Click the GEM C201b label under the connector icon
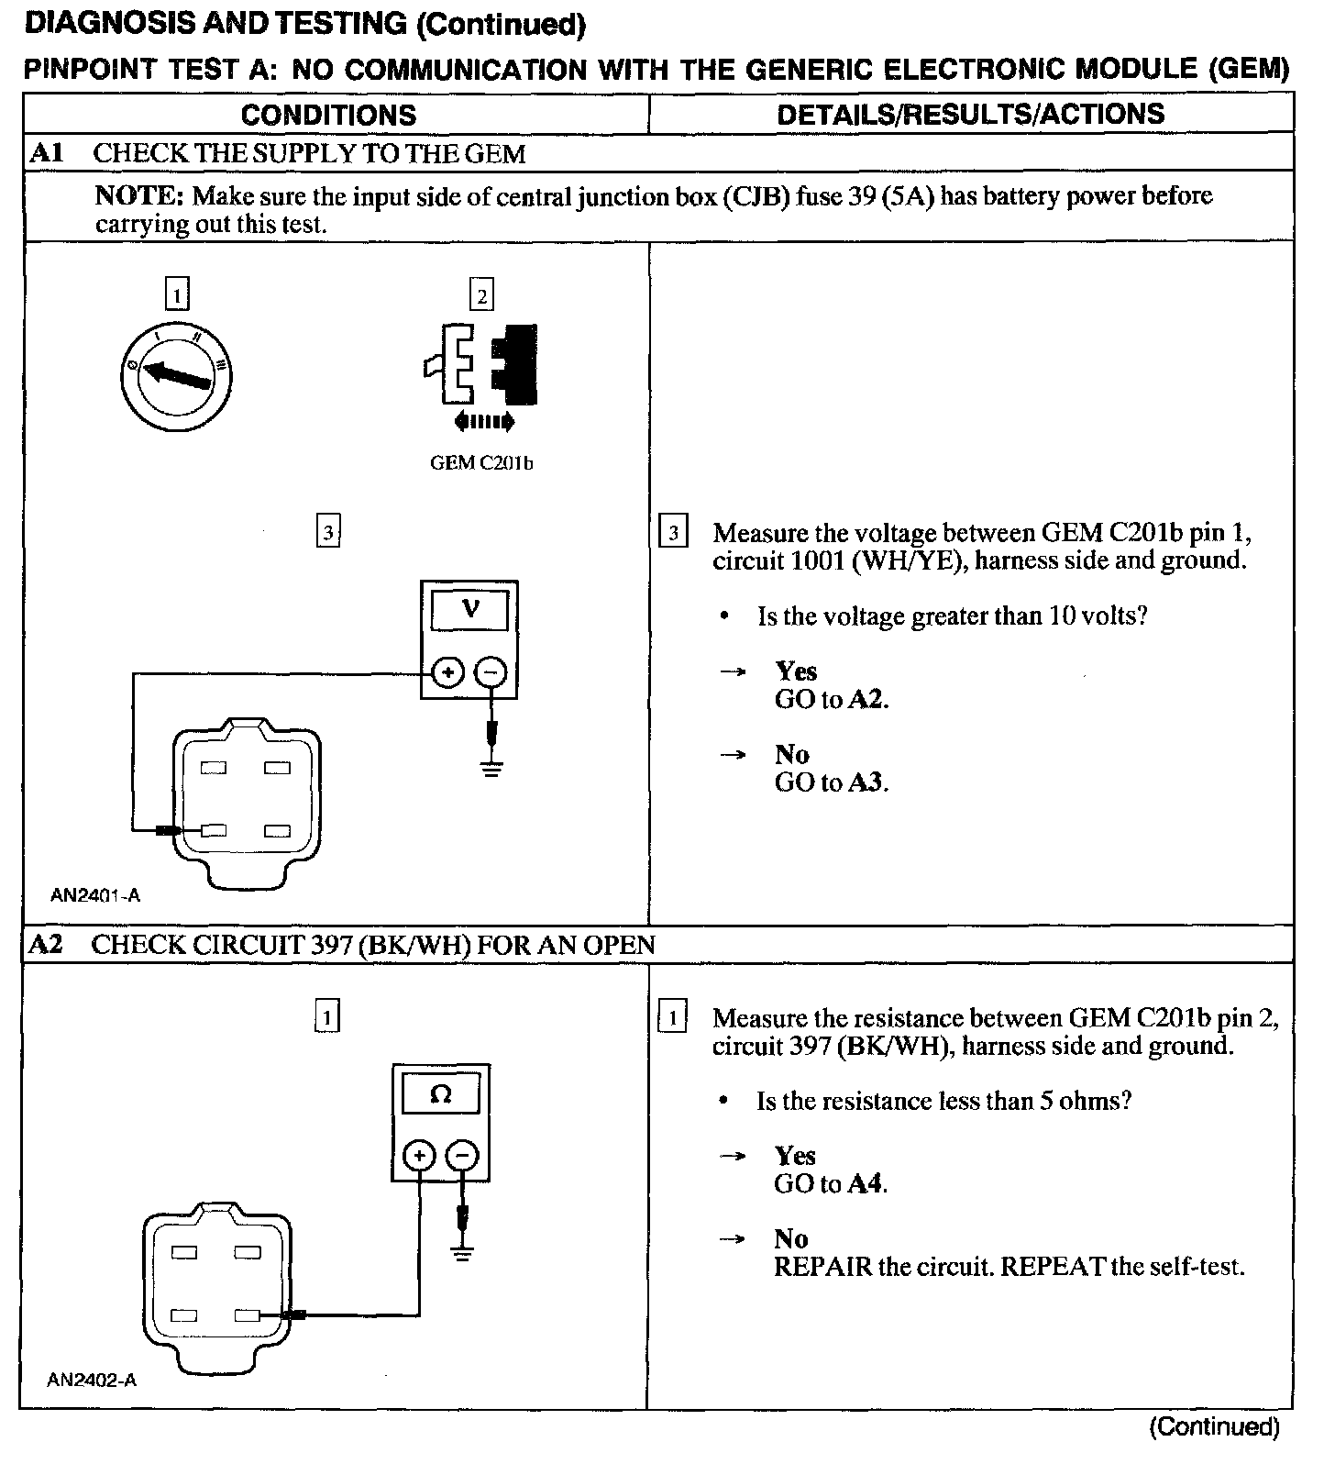click(481, 463)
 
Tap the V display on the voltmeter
click(469, 608)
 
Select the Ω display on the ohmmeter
click(440, 1094)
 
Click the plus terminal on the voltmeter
click(447, 673)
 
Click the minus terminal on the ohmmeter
click(462, 1156)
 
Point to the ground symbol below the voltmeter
click(492, 768)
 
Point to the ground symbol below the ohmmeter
click(463, 1253)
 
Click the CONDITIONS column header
click(328, 115)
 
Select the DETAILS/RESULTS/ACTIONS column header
click(970, 114)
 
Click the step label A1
click(46, 152)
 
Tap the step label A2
click(46, 945)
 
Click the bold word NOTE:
click(140, 195)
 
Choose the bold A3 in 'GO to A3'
click(866, 782)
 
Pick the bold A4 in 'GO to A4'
click(865, 1184)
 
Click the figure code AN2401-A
click(95, 896)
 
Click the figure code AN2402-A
click(92, 1380)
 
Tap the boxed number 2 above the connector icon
click(481, 295)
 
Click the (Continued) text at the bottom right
click(1213, 1427)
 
